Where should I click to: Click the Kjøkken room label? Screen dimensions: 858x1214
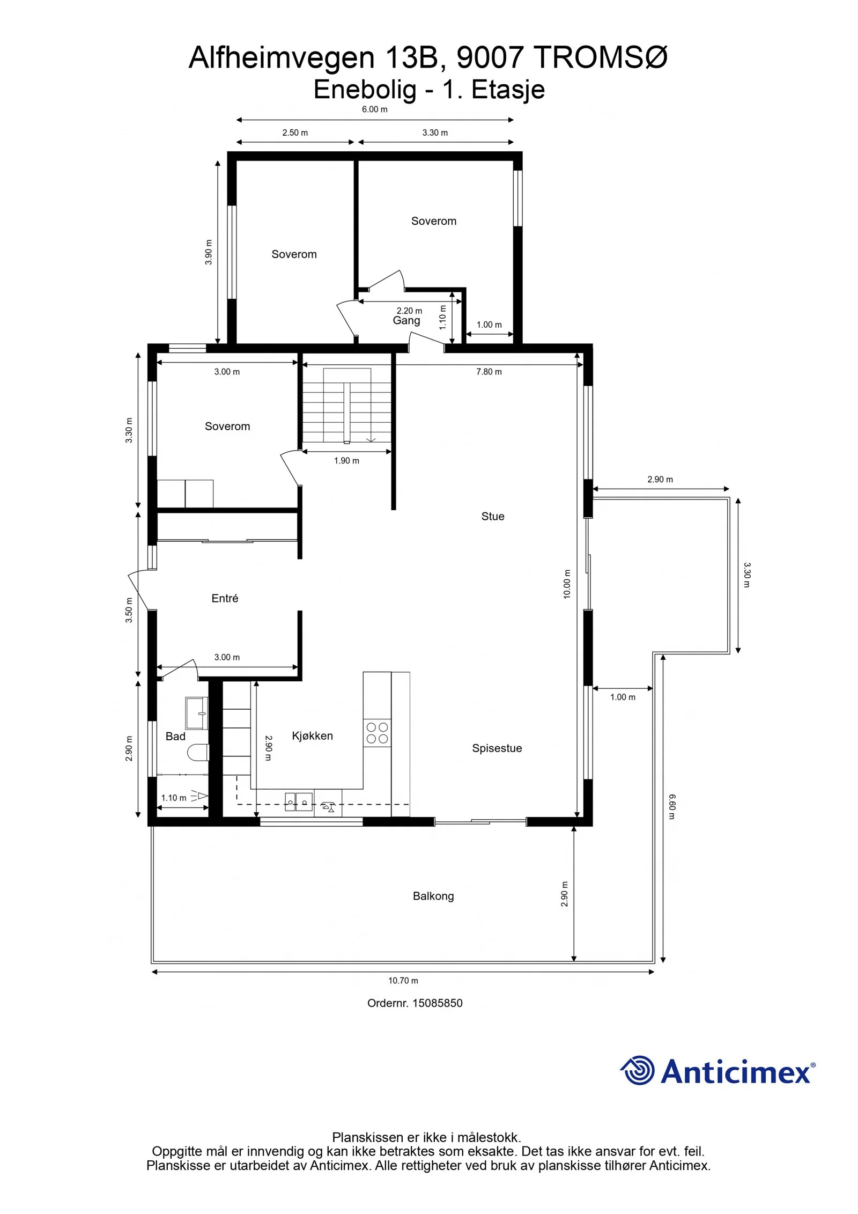pos(312,736)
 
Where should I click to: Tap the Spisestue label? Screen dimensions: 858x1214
pos(497,748)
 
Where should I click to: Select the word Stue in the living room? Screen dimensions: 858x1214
pos(492,516)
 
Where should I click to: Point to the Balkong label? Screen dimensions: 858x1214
pos(433,896)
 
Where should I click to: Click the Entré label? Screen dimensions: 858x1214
pos(225,598)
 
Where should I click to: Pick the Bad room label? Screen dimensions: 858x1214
pos(175,737)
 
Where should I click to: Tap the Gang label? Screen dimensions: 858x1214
pos(406,321)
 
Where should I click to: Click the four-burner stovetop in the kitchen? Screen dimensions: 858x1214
pos(377,733)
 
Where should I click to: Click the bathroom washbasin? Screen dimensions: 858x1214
pos(196,713)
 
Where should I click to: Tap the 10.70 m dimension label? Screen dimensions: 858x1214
pos(403,981)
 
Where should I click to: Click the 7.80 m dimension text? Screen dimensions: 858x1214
pos(489,372)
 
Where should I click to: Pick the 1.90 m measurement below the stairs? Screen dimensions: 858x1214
pos(346,461)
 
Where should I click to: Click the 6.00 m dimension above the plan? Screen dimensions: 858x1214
pos(374,109)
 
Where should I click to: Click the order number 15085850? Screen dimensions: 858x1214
pos(437,1003)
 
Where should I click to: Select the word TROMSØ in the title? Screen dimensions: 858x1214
pos(601,57)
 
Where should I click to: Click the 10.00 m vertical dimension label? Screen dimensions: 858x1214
pos(567,584)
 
